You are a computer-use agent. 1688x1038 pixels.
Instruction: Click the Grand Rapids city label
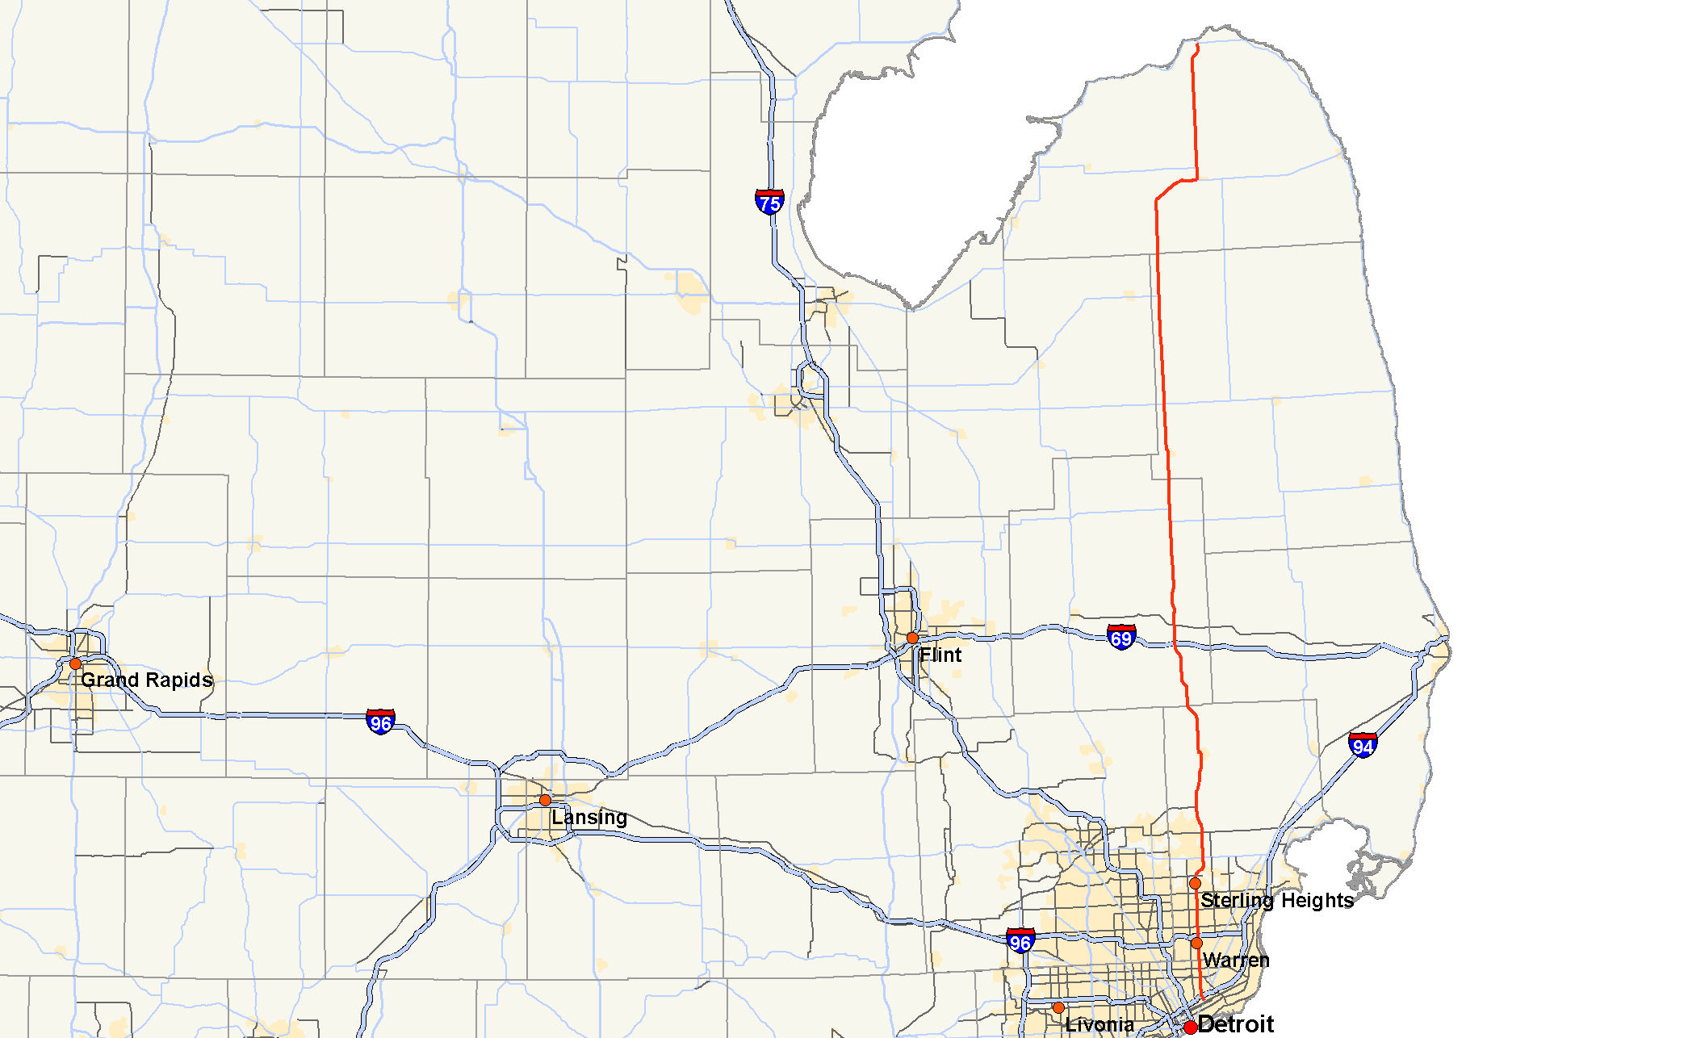pyautogui.click(x=146, y=680)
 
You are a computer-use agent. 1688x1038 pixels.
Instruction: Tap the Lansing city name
pyautogui.click(x=589, y=818)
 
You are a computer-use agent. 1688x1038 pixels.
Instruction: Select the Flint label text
pyautogui.click(x=940, y=655)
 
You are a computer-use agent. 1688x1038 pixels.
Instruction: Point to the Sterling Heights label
pyautogui.click(x=1277, y=900)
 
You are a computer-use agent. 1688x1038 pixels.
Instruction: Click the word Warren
pyautogui.click(x=1236, y=960)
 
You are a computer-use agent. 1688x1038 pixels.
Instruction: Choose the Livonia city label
pyautogui.click(x=1100, y=1025)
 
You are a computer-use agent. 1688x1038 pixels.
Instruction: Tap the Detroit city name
pyautogui.click(x=1236, y=1024)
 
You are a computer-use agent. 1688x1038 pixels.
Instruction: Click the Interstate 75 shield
pyautogui.click(x=769, y=202)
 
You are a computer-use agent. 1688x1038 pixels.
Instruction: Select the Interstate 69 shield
pyautogui.click(x=1121, y=638)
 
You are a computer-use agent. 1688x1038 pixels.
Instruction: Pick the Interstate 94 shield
pyautogui.click(x=1363, y=745)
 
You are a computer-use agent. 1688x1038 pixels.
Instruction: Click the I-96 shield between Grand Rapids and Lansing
pyautogui.click(x=380, y=722)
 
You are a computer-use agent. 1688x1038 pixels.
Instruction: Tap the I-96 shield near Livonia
pyautogui.click(x=1020, y=940)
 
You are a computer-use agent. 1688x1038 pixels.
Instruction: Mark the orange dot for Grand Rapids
pyautogui.click(x=75, y=663)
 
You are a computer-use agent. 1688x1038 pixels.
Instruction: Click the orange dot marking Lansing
pyautogui.click(x=545, y=800)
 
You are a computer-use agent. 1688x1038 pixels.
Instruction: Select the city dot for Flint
pyautogui.click(x=912, y=638)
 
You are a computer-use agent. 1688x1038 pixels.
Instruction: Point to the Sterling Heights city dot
pyautogui.click(x=1196, y=883)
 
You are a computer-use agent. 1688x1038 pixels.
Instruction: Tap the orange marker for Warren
pyautogui.click(x=1196, y=943)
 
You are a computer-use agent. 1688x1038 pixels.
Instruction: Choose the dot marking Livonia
pyautogui.click(x=1058, y=1008)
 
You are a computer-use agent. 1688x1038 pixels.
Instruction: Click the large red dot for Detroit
pyautogui.click(x=1190, y=1028)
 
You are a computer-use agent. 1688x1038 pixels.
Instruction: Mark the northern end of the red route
pyautogui.click(x=1197, y=45)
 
